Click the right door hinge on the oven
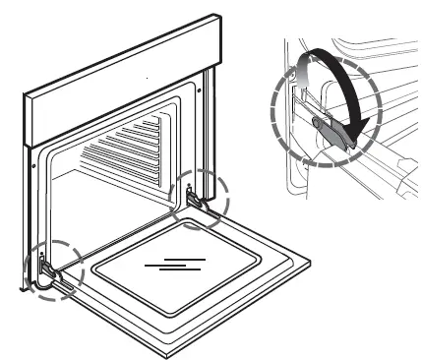click(x=197, y=200)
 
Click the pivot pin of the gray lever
click(x=316, y=123)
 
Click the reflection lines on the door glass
click(x=175, y=264)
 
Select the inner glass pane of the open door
click(x=177, y=268)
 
